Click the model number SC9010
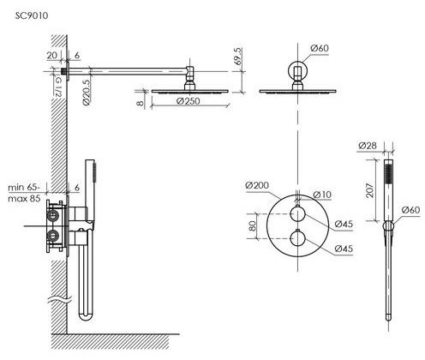coord(32,15)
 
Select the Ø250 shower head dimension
coord(189,101)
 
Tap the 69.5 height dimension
coord(239,57)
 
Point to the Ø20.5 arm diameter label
coord(87,93)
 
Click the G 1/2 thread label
coord(57,86)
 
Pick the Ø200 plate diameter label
coord(257,185)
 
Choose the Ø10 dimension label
coord(322,195)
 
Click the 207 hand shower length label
coord(370,190)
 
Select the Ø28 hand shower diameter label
coord(368,146)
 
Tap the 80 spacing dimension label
coord(253,226)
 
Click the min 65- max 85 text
coord(24,193)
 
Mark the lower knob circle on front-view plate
coord(298,238)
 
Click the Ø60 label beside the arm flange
coord(320,48)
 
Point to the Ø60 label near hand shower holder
coord(411,210)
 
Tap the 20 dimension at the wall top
coord(52,55)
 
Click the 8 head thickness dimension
coord(140,102)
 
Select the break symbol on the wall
coord(60,300)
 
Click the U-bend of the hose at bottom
coord(86,315)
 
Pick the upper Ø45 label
coord(344,224)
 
